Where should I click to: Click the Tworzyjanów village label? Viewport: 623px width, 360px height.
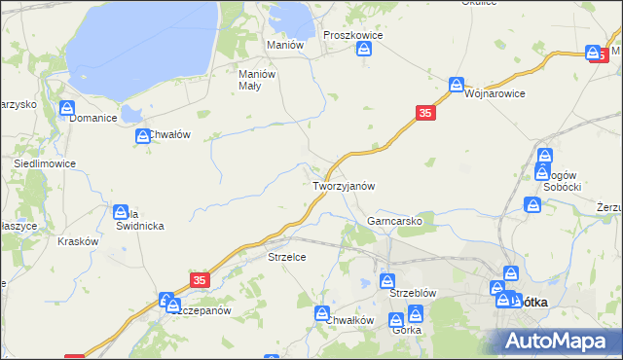point(344,185)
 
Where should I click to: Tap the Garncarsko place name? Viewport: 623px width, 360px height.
point(394,221)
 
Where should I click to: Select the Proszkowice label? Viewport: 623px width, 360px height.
point(352,34)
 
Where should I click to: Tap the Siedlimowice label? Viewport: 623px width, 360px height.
point(44,164)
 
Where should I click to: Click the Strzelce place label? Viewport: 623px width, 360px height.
point(287,257)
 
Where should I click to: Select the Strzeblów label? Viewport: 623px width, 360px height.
point(412,292)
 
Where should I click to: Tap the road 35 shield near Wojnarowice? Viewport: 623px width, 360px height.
point(425,114)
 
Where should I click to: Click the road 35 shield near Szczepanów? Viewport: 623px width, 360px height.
point(200,279)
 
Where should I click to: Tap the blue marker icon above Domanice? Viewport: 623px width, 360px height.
point(67,108)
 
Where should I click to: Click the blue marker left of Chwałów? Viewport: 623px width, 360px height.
point(143,137)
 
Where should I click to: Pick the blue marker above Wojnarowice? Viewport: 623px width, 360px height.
point(456,85)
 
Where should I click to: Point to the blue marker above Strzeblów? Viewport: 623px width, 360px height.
point(386,280)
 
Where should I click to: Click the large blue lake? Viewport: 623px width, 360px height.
point(146,44)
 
